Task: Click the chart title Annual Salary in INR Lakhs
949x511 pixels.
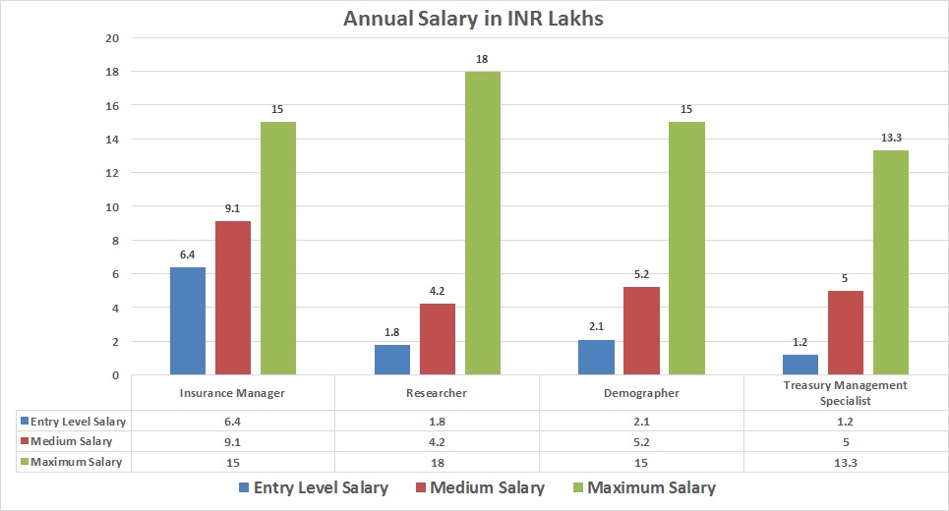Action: pos(473,18)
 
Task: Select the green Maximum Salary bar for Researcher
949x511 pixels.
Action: pos(482,224)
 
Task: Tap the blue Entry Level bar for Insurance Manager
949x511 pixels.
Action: pos(188,321)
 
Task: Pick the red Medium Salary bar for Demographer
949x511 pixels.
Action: pos(640,331)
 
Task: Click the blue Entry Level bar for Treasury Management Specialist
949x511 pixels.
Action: pos(800,365)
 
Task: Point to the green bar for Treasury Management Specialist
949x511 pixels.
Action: pos(890,263)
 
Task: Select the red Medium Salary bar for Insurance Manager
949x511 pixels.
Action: pos(233,299)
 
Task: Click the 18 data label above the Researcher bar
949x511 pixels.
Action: pos(482,60)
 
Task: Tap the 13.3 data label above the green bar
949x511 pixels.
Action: pos(891,139)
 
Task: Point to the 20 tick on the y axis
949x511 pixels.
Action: pos(111,38)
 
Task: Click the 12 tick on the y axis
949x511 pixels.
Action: pos(111,173)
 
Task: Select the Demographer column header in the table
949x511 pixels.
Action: pos(640,393)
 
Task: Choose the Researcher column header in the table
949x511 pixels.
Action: pos(437,393)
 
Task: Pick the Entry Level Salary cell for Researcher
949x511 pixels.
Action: pos(437,421)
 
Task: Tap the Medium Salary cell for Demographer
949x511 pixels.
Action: pos(640,442)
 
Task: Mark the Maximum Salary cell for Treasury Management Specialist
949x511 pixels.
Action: pos(846,462)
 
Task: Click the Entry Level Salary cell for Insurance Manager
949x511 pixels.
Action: pos(232,421)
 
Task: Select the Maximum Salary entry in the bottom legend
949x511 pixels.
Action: pos(641,488)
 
